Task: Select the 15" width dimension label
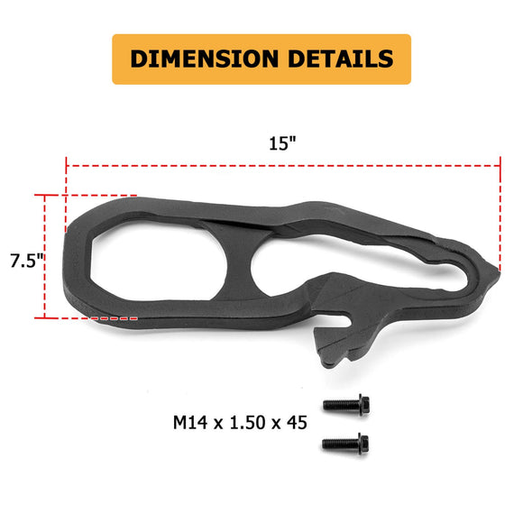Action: (x=281, y=144)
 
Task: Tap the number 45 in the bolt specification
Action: (x=294, y=421)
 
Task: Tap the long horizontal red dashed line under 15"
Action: (x=281, y=166)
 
